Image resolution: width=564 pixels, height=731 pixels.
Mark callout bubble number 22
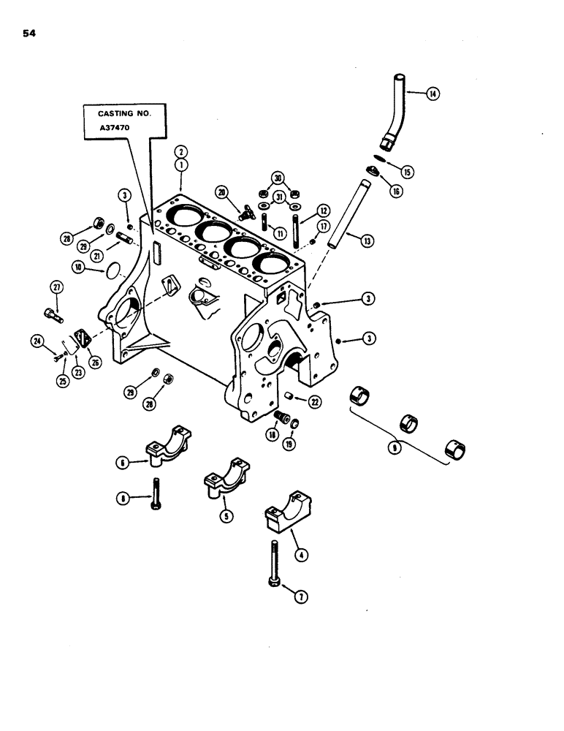coord(315,401)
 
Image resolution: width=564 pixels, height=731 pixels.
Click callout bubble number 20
coord(221,192)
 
